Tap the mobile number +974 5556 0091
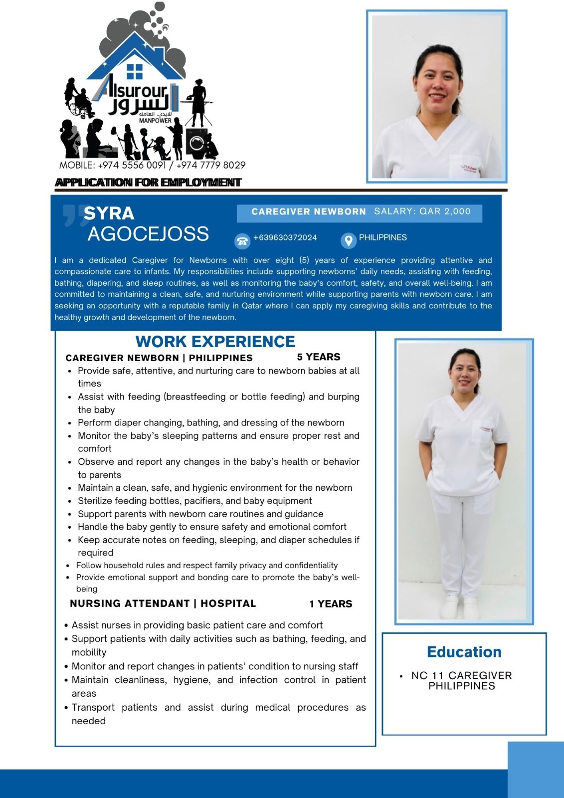(132, 165)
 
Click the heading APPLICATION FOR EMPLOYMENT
(148, 183)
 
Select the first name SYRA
(109, 213)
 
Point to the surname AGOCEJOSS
(148, 234)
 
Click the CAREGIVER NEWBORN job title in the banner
(309, 212)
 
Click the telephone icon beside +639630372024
(242, 241)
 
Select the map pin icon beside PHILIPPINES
(348, 241)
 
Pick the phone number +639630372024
(285, 237)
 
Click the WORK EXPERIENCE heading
(215, 342)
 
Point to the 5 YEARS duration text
(318, 357)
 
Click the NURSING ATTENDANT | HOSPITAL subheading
(163, 603)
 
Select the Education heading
(464, 652)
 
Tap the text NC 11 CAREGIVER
(461, 675)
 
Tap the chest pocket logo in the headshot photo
(469, 169)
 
